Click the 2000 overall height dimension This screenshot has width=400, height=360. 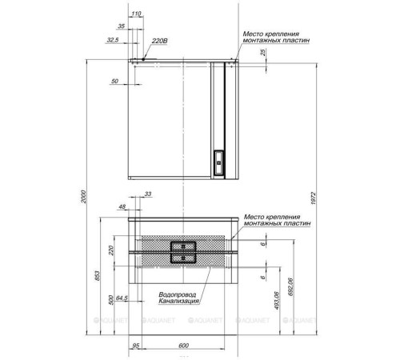[x=84, y=197]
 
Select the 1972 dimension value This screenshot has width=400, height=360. [x=314, y=198]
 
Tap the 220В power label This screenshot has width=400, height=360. [x=160, y=41]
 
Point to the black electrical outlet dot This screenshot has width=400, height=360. [x=143, y=59]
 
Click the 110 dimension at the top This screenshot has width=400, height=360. [x=136, y=14]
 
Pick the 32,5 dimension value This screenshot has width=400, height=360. [x=113, y=40]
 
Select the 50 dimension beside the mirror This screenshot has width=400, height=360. [x=114, y=81]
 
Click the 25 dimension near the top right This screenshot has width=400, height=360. [x=263, y=52]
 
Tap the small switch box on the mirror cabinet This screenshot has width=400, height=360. [x=219, y=162]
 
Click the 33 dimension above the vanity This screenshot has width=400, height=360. [x=148, y=194]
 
